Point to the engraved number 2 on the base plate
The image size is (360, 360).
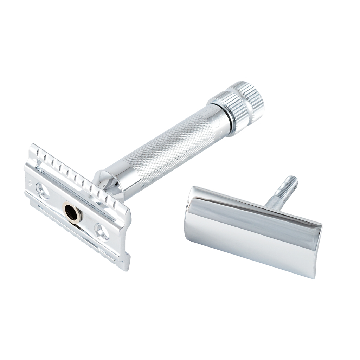click(x=30, y=183)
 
